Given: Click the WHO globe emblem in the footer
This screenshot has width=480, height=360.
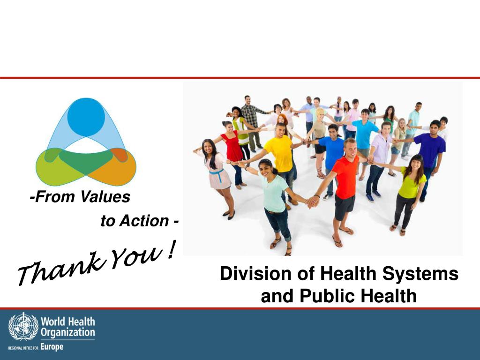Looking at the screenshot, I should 23,327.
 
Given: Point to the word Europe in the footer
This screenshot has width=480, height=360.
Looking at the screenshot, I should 51,347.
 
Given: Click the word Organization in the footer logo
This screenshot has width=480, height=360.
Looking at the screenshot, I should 68,333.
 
